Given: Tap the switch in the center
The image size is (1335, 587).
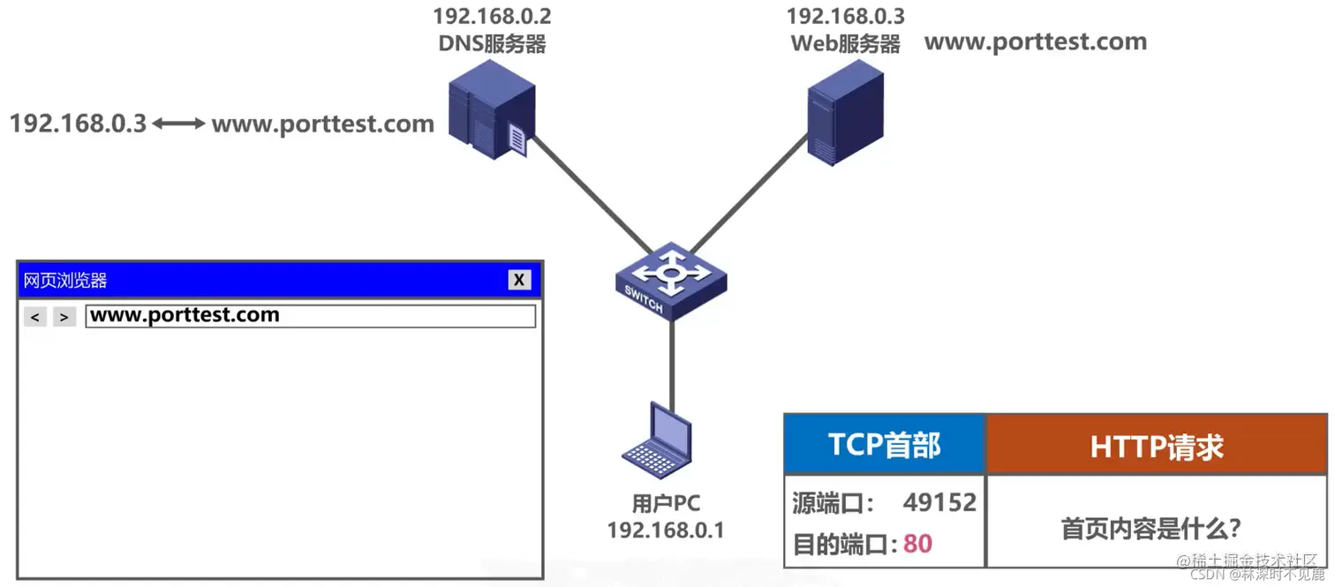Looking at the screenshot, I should pos(671,280).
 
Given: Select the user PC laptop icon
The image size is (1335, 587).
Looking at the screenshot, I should pos(657,442).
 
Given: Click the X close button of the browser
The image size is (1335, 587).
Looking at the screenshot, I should pos(519,280).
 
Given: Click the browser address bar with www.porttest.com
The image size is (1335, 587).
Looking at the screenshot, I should pos(310,316).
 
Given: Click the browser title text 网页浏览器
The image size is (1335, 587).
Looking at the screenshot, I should pos(65,281).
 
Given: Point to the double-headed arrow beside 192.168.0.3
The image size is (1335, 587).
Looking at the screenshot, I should pos(178,124).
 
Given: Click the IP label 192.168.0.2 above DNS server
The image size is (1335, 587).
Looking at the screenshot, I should pos(492,16).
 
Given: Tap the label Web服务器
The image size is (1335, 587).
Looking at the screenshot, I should pos(845,43).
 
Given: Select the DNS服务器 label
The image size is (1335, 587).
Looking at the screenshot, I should pos(492,43).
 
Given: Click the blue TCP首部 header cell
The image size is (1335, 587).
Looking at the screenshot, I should pos(884,445).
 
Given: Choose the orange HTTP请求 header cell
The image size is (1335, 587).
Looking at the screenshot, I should pos(1156,447).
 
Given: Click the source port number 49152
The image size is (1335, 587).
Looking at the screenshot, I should pos(939,503).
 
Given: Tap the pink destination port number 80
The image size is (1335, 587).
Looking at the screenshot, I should pos(917,543).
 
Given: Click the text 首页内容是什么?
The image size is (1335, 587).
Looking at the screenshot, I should pos(1150,529).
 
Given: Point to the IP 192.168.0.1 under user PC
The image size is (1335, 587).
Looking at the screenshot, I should pos(665,530).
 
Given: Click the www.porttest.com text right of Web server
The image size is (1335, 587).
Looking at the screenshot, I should pos(1035,41).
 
